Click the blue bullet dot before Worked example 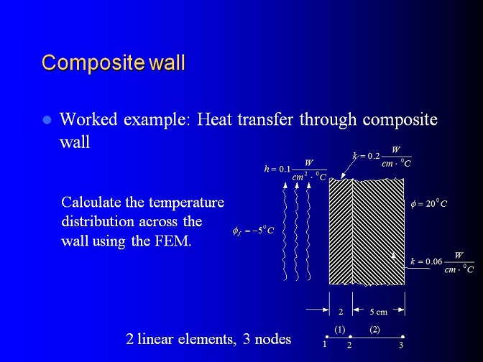point(47,120)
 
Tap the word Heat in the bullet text point(214,119)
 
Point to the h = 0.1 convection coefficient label point(295,170)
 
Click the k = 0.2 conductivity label point(382,156)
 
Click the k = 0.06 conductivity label point(442,262)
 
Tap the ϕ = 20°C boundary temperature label point(429,203)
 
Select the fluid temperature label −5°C point(253,231)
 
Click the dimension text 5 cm point(379,312)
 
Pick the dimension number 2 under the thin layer point(341,312)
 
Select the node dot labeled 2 point(351,337)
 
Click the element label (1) point(340,330)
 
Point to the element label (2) point(375,330)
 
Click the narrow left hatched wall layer point(341,231)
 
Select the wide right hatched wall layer point(379,232)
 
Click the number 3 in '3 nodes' point(247,339)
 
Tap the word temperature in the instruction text point(186,203)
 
